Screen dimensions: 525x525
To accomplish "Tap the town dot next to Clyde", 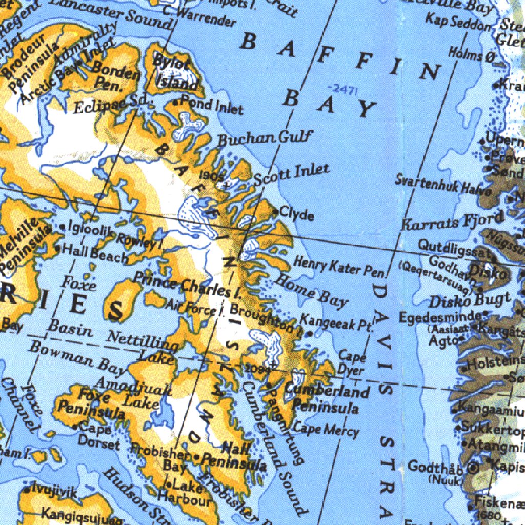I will pyautogui.click(x=275, y=211).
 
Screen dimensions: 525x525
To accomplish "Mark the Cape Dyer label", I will pyautogui.click(x=352, y=363).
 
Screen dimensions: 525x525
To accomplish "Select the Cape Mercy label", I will pyautogui.click(x=326, y=429).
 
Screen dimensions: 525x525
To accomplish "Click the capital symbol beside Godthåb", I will pyautogui.click(x=472, y=467).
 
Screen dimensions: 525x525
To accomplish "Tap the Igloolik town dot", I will pyautogui.click(x=63, y=226).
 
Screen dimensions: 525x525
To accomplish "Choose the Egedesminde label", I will pyautogui.click(x=440, y=316).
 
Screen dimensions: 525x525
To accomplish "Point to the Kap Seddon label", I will pyautogui.click(x=458, y=22).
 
